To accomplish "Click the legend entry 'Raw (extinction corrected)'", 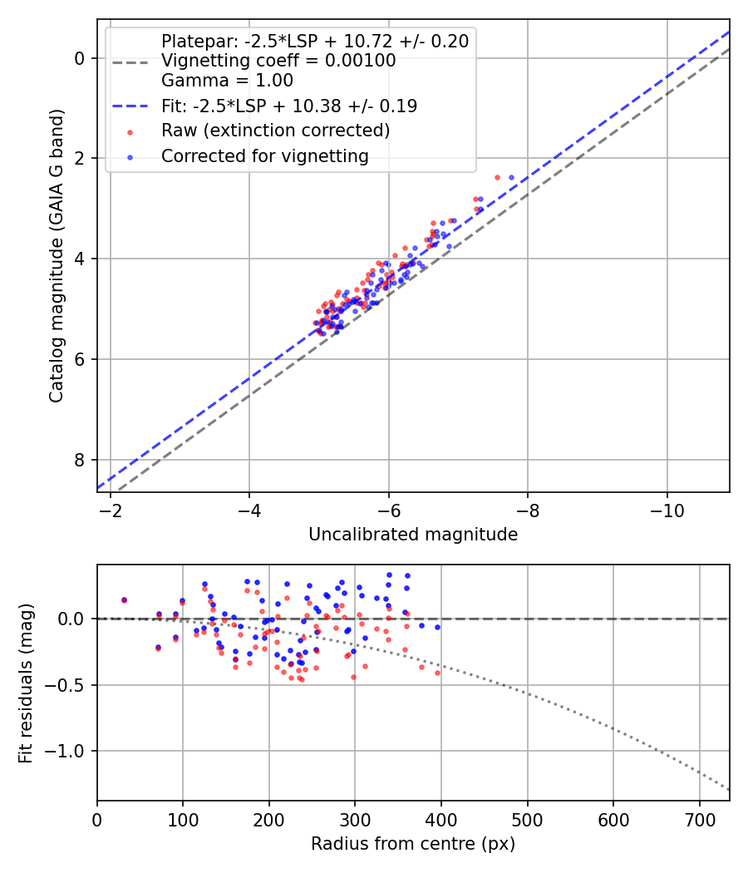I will [275, 131].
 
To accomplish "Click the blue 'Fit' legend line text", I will [288, 106].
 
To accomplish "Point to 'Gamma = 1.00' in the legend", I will [227, 81].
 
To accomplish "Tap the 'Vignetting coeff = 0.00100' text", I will [278, 61].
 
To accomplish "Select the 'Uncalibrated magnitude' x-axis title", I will [413, 535].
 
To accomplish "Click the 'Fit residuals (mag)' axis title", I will [26, 683].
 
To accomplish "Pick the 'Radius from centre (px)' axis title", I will [413, 844].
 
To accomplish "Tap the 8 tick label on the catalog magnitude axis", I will [80, 460].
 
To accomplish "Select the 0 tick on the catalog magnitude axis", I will [80, 58].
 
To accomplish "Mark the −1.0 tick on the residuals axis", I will [68, 751].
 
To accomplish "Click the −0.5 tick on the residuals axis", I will [68, 685].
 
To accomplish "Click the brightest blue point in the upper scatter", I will [511, 177].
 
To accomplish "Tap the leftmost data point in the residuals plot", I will [124, 599].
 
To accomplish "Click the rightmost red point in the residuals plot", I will [437, 673].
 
